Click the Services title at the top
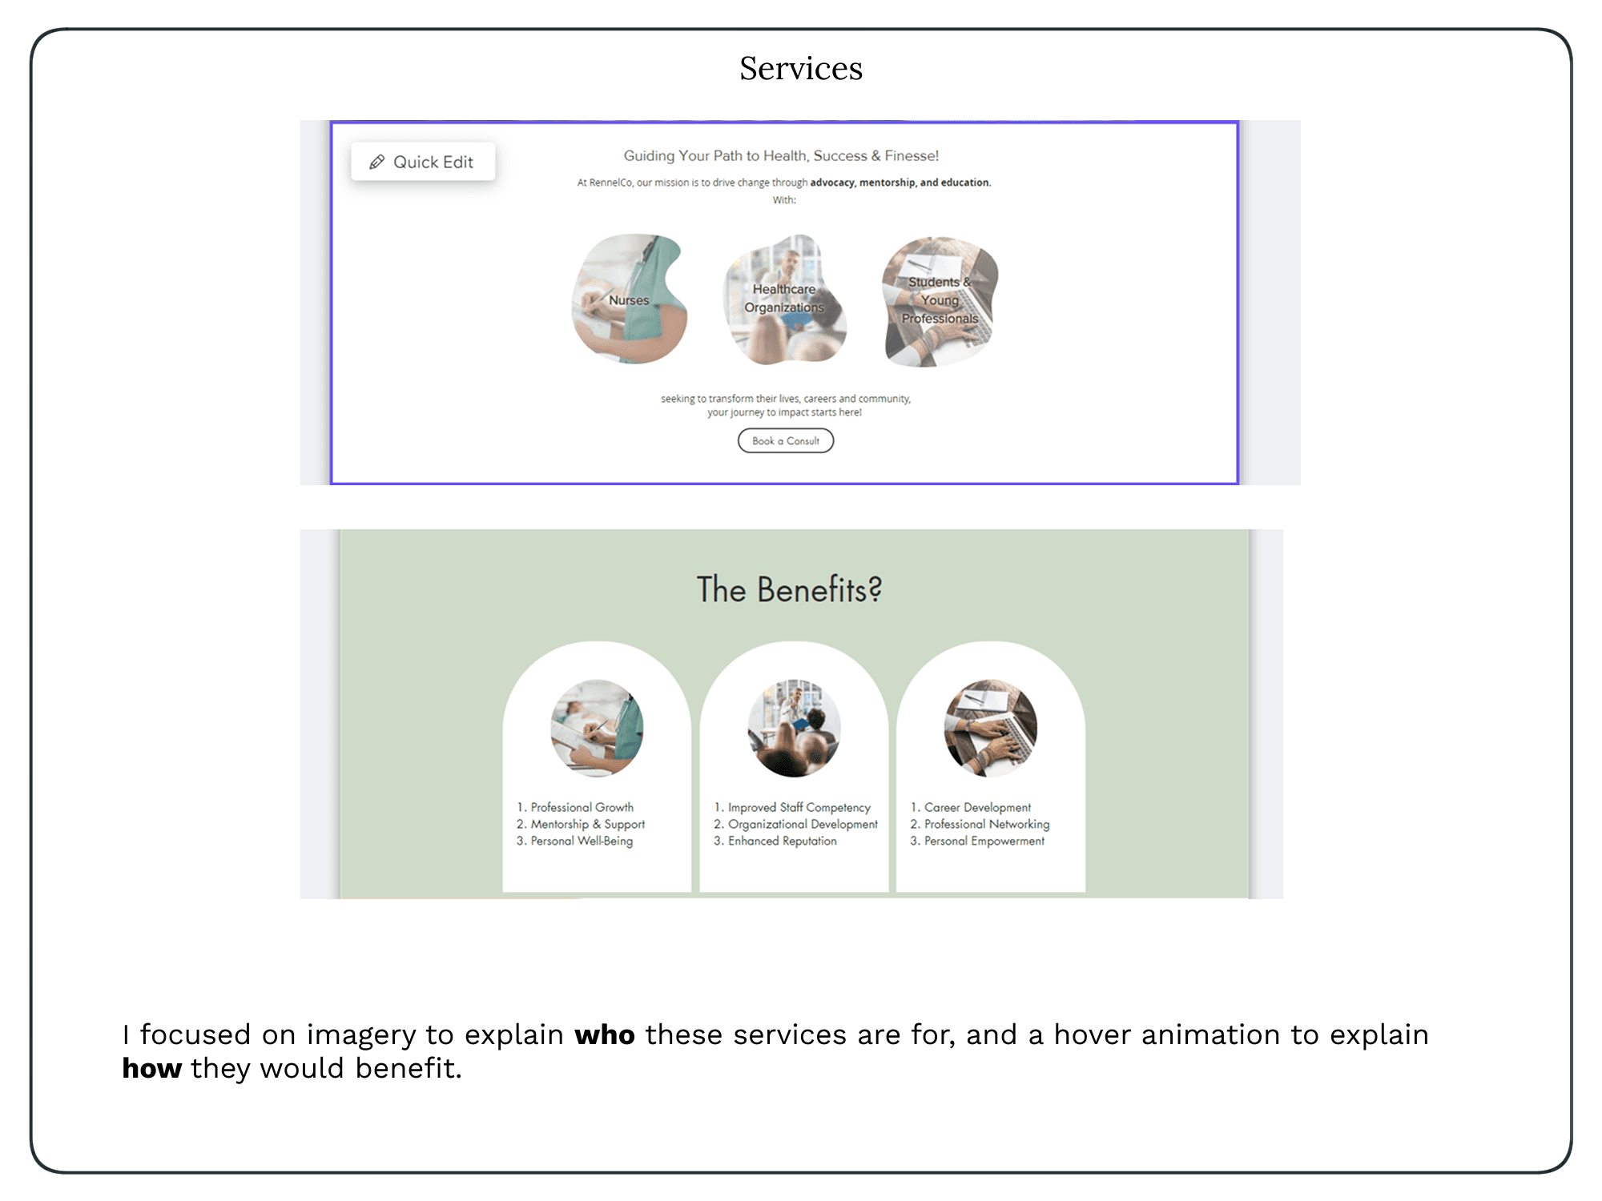[800, 69]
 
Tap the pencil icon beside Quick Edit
[376, 163]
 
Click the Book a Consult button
[785, 441]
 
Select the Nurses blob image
[629, 299]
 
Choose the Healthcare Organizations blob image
[784, 299]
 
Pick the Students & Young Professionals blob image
[940, 301]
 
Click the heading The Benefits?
[789, 590]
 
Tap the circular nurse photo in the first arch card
[597, 728]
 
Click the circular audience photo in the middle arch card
[794, 728]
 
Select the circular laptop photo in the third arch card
[991, 728]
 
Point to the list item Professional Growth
[582, 807]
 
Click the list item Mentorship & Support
[587, 824]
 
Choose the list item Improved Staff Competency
[799, 807]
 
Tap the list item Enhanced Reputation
[782, 841]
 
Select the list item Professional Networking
[986, 824]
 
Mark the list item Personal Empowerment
[984, 841]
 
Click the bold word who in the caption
[605, 1035]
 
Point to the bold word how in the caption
[152, 1069]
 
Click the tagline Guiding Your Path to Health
[781, 156]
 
